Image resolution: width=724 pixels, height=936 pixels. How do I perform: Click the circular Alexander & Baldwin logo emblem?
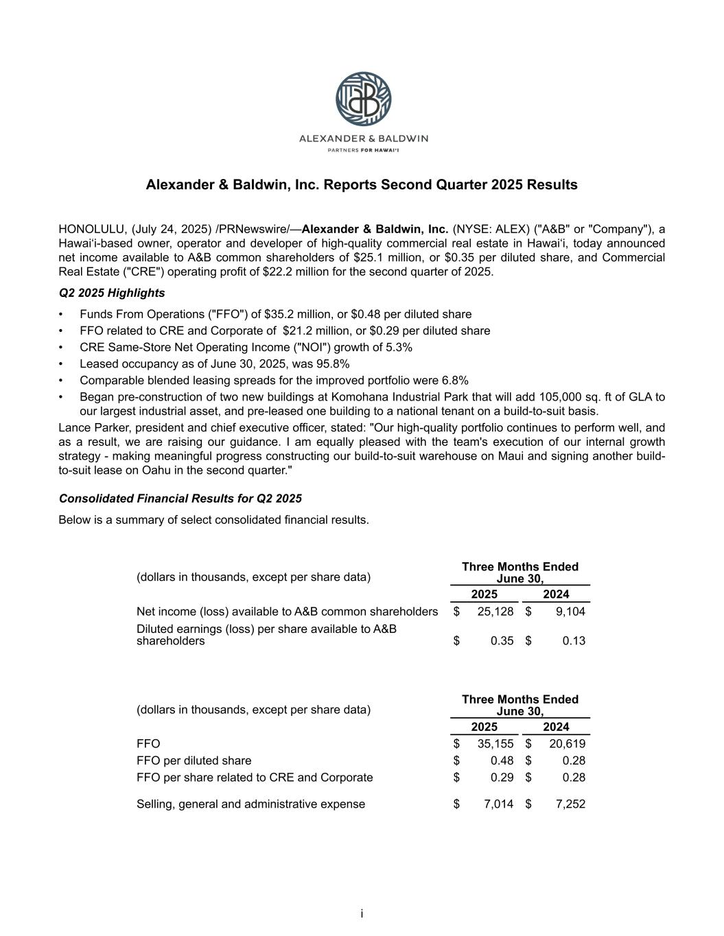[x=363, y=99]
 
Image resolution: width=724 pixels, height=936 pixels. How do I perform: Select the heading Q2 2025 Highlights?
[x=112, y=293]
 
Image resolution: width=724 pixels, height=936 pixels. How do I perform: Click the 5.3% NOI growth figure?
[x=396, y=347]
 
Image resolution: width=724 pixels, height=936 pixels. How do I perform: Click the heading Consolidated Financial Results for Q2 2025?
[x=180, y=499]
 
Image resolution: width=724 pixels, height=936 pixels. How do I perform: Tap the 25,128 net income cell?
[x=495, y=611]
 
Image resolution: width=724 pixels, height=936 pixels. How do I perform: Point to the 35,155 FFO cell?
[x=495, y=743]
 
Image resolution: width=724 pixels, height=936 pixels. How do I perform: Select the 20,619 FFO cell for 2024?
[x=567, y=743]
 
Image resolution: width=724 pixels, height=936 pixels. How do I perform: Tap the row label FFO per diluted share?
[x=194, y=760]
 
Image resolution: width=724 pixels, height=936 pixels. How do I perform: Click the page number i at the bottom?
[x=362, y=913]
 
